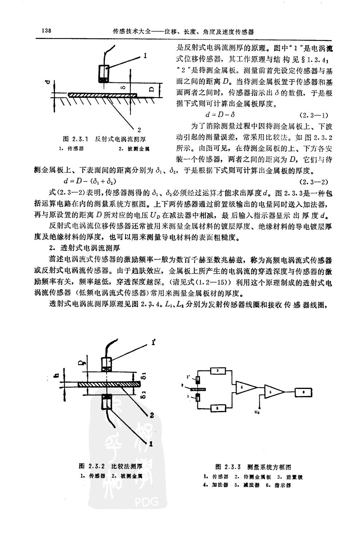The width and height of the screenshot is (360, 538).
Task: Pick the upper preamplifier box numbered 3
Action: click(x=217, y=370)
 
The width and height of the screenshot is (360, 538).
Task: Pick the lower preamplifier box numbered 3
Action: click(x=217, y=408)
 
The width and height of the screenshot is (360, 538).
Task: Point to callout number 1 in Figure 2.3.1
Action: click(x=145, y=56)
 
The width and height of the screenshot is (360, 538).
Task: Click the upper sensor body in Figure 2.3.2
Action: click(x=107, y=364)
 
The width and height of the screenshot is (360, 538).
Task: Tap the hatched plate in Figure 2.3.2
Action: click(x=107, y=384)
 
